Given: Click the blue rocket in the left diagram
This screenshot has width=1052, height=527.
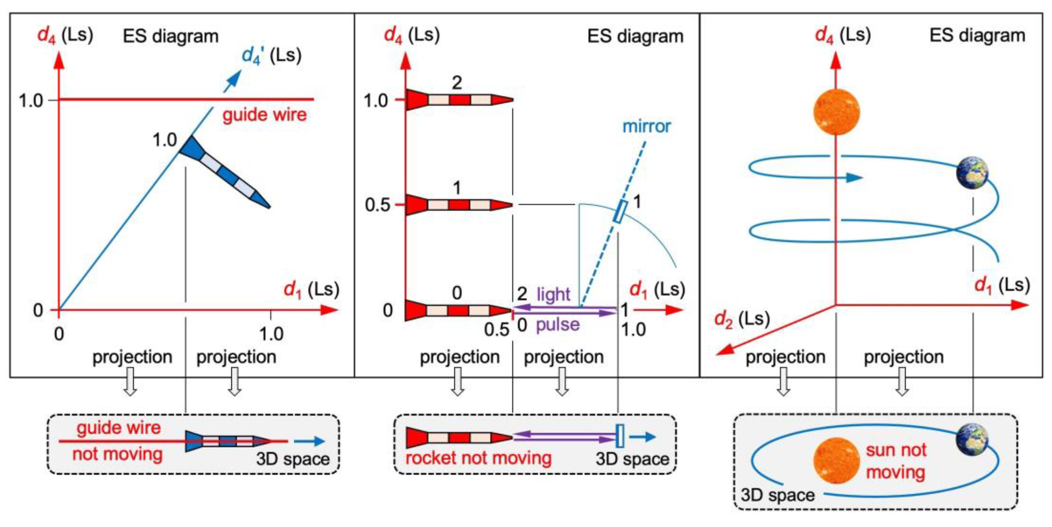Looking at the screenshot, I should (224, 172).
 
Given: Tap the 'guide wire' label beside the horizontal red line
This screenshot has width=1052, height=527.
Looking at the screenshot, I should (264, 115).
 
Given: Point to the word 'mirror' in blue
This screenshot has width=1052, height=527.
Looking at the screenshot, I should (646, 126).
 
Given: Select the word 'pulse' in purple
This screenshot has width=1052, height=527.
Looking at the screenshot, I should (558, 325).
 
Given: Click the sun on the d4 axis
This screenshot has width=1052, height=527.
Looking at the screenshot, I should (837, 112).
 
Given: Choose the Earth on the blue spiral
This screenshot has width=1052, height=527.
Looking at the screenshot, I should (972, 173).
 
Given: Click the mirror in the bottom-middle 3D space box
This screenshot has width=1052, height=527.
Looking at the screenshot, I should (620, 436).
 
